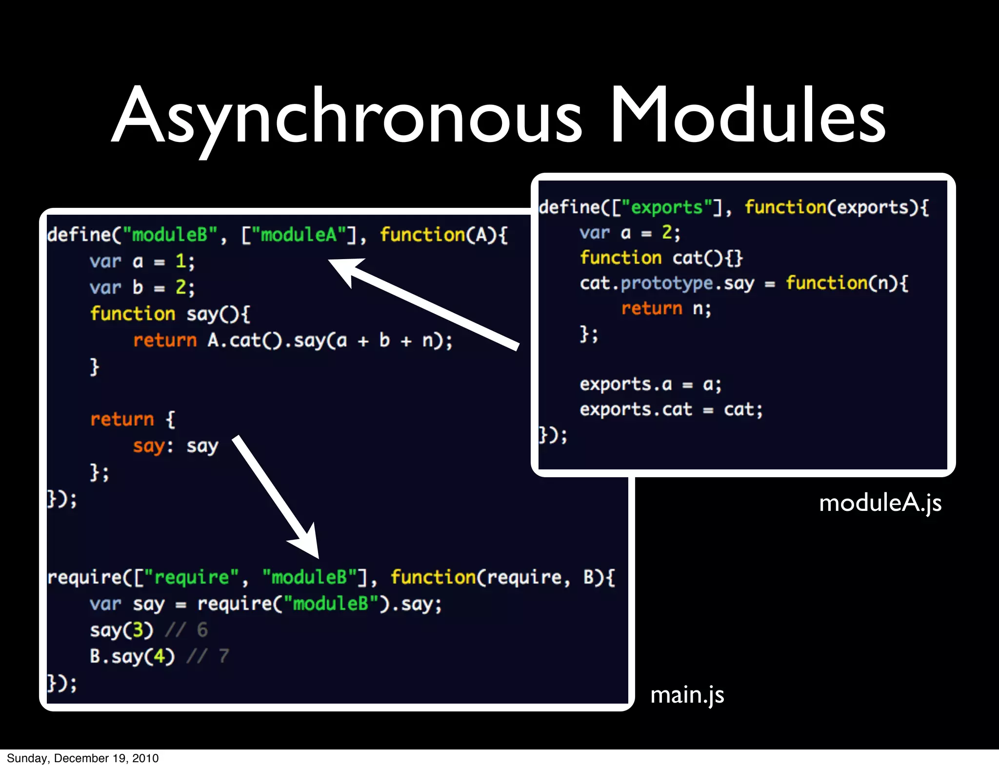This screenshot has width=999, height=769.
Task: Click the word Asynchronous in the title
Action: coord(346,117)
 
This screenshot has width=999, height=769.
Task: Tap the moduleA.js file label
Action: coord(880,503)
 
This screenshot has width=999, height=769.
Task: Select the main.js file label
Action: coord(687,695)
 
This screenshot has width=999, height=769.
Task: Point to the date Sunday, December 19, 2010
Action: coord(83,758)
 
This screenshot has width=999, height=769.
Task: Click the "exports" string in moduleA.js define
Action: coord(667,207)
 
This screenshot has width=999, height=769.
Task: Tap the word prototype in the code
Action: coord(667,283)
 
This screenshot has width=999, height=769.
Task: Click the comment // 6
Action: coord(187,630)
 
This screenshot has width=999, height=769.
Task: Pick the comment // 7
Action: coord(208,656)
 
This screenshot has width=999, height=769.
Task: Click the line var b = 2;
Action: coord(142,287)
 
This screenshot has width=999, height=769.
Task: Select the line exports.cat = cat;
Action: coord(671,409)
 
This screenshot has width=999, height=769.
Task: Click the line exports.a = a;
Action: coord(650,384)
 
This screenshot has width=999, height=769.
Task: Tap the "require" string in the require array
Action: coord(191,578)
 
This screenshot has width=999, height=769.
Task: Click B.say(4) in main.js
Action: coord(132,656)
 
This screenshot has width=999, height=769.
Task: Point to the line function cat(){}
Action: coord(661,258)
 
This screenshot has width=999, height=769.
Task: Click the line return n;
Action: coord(666,309)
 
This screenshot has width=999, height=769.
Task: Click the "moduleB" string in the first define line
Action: coord(170,235)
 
